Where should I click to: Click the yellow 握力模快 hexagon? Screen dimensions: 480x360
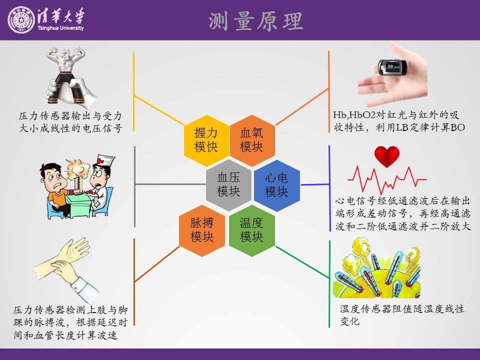tap(206, 140)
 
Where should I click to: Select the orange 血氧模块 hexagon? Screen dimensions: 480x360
tap(252, 140)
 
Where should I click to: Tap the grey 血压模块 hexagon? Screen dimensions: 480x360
tap(228, 185)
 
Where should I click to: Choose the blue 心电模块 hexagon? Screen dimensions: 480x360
tap(276, 185)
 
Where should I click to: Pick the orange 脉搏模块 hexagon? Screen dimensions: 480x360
tap(201, 230)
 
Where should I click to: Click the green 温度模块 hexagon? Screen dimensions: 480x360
tap(251, 230)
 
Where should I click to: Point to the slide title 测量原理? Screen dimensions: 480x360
tap(256, 21)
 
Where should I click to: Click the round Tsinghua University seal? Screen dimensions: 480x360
tap(21, 19)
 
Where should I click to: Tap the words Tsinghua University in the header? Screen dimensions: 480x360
tap(60, 28)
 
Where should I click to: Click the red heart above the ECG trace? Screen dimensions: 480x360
tap(387, 156)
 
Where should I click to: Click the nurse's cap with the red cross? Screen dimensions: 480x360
tap(105, 160)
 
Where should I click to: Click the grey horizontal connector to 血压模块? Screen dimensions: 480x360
tap(170, 184)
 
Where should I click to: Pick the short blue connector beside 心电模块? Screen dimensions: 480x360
tap(315, 184)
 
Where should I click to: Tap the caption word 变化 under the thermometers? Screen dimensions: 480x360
tap(349, 321)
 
